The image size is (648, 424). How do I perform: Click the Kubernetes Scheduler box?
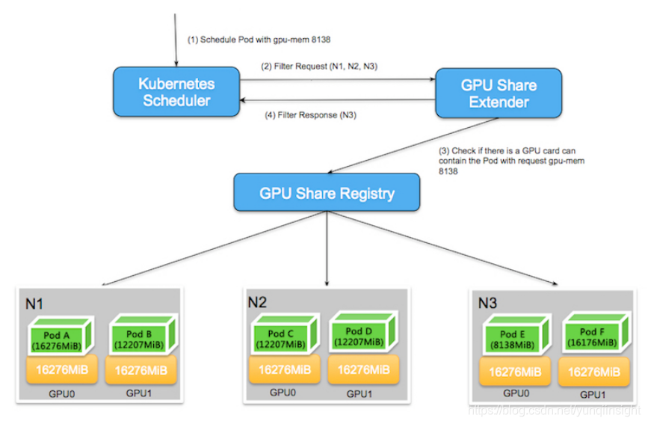176,90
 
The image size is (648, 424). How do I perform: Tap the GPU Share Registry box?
327,192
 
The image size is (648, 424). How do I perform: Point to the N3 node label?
489,302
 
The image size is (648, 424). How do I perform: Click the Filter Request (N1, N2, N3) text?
318,67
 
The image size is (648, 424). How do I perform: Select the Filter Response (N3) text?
309,115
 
